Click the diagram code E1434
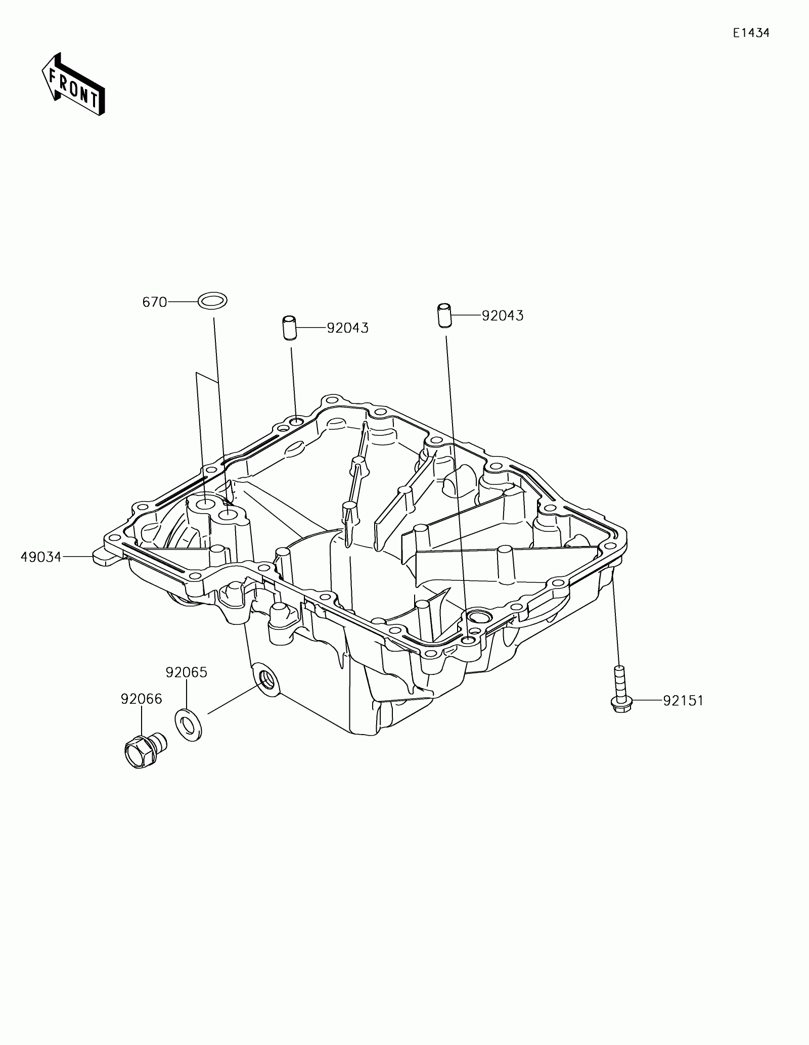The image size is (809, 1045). click(751, 33)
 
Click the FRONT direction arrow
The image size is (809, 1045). click(73, 84)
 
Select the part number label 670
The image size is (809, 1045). click(155, 302)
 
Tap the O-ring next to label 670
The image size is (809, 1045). click(212, 301)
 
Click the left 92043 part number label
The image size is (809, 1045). click(347, 328)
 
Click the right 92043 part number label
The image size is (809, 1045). click(503, 315)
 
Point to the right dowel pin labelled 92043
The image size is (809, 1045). click(443, 315)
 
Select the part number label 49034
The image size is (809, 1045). click(41, 557)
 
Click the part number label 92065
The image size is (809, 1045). click(187, 672)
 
